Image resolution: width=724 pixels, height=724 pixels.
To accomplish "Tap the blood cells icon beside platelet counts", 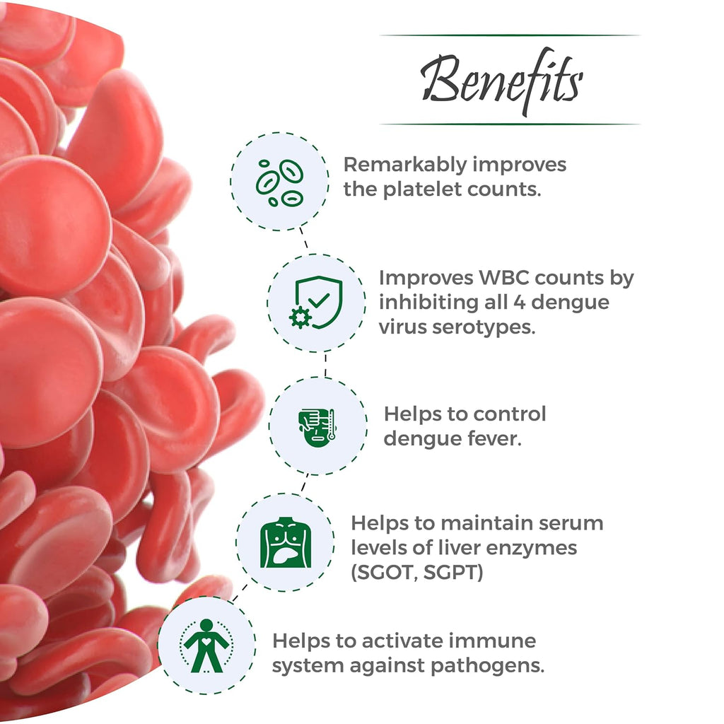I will pyautogui.click(x=279, y=181).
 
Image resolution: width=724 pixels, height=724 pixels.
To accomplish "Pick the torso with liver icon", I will pyautogui.click(x=285, y=543).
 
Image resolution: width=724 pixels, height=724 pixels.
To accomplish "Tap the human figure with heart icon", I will pyautogui.click(x=206, y=645).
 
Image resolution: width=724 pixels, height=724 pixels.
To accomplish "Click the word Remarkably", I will pyautogui.click(x=405, y=165).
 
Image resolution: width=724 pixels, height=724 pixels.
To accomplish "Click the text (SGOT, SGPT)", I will pyautogui.click(x=417, y=571).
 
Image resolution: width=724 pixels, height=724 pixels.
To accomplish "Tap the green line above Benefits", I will pyautogui.click(x=510, y=35).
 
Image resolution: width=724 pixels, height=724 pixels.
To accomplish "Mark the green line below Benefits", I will pyautogui.click(x=510, y=124).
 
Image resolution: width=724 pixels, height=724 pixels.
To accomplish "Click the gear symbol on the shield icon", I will pyautogui.click(x=300, y=317).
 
